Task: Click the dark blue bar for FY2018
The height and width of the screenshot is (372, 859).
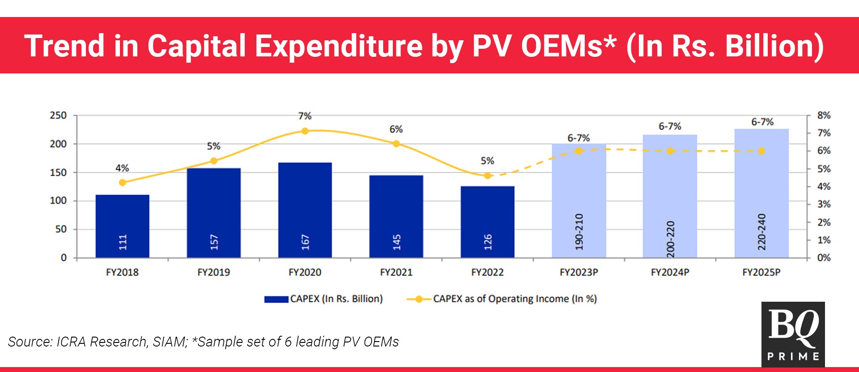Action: pyautogui.click(x=122, y=226)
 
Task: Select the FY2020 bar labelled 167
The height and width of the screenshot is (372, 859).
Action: pyautogui.click(x=305, y=210)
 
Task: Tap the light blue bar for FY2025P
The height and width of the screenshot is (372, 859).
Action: pyautogui.click(x=761, y=193)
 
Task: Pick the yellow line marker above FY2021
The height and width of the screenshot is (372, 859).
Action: pyautogui.click(x=396, y=144)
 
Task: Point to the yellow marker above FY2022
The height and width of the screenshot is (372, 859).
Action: pyautogui.click(x=488, y=175)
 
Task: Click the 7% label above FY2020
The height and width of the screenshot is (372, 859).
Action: pyautogui.click(x=305, y=116)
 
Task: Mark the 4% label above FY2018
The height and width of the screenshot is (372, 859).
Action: pyautogui.click(x=122, y=168)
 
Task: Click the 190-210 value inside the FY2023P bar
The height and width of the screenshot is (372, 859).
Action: pyautogui.click(x=579, y=231)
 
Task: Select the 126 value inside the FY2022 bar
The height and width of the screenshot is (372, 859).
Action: pyautogui.click(x=488, y=242)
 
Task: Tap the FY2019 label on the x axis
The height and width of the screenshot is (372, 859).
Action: pyautogui.click(x=213, y=272)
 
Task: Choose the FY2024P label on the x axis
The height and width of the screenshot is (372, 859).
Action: pyautogui.click(x=670, y=272)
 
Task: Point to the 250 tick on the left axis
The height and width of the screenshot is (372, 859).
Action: pyautogui.click(x=58, y=115)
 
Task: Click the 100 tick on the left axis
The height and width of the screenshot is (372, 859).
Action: pyautogui.click(x=58, y=201)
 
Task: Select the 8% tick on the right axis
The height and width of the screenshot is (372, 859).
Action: pyautogui.click(x=824, y=115)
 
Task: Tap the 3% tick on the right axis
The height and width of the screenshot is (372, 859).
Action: pyautogui.click(x=824, y=204)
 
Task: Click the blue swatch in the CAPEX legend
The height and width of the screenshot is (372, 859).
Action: pyautogui.click(x=276, y=299)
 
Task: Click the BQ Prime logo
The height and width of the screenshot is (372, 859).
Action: pyautogui.click(x=793, y=334)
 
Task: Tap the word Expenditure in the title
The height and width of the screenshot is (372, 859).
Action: pyautogui.click(x=339, y=46)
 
